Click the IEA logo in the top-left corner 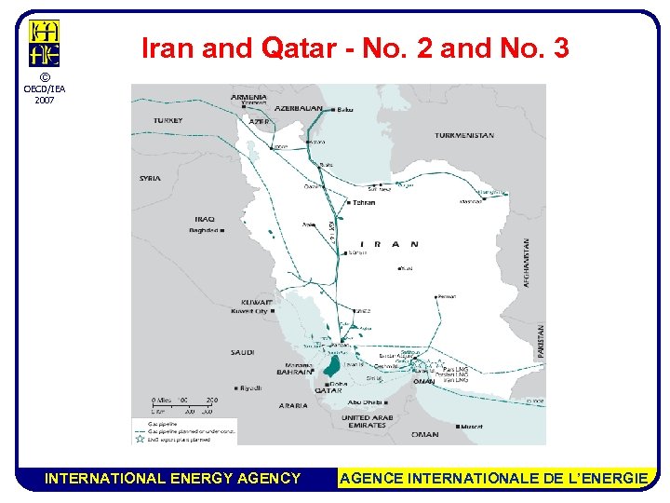(44, 43)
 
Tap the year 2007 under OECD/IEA (45, 100)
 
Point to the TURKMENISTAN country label (463, 136)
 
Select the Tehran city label (363, 202)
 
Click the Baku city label (344, 110)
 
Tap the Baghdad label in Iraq (203, 229)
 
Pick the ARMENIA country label (248, 96)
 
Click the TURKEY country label (168, 120)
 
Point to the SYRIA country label (150, 178)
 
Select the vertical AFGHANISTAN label (527, 263)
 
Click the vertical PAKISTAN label (542, 342)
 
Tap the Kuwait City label (248, 311)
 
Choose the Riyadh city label (250, 387)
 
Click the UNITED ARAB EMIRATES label (368, 422)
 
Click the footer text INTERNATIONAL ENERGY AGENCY (173, 478)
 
